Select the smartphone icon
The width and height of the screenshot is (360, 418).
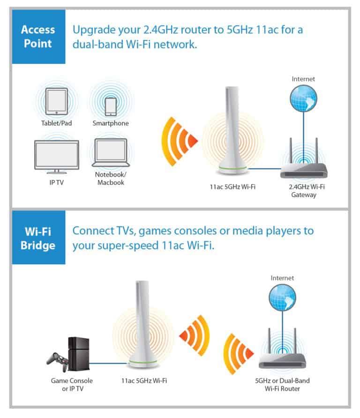tap(111, 106)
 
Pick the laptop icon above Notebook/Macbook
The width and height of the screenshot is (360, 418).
tap(111, 153)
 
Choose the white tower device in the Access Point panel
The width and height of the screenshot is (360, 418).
tap(233, 129)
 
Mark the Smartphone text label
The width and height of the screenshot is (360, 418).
tap(111, 123)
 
